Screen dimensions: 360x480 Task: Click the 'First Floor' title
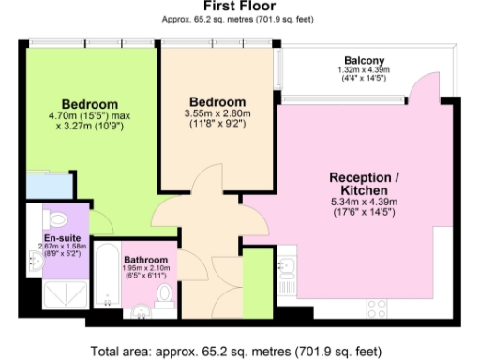(239, 7)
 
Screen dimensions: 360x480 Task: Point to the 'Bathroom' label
(145, 260)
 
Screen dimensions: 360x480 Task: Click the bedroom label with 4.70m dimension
(89, 103)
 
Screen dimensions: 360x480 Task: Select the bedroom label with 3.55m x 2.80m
(217, 101)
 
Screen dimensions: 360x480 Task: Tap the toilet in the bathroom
(165, 294)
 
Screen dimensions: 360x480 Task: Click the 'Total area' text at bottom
(238, 352)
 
